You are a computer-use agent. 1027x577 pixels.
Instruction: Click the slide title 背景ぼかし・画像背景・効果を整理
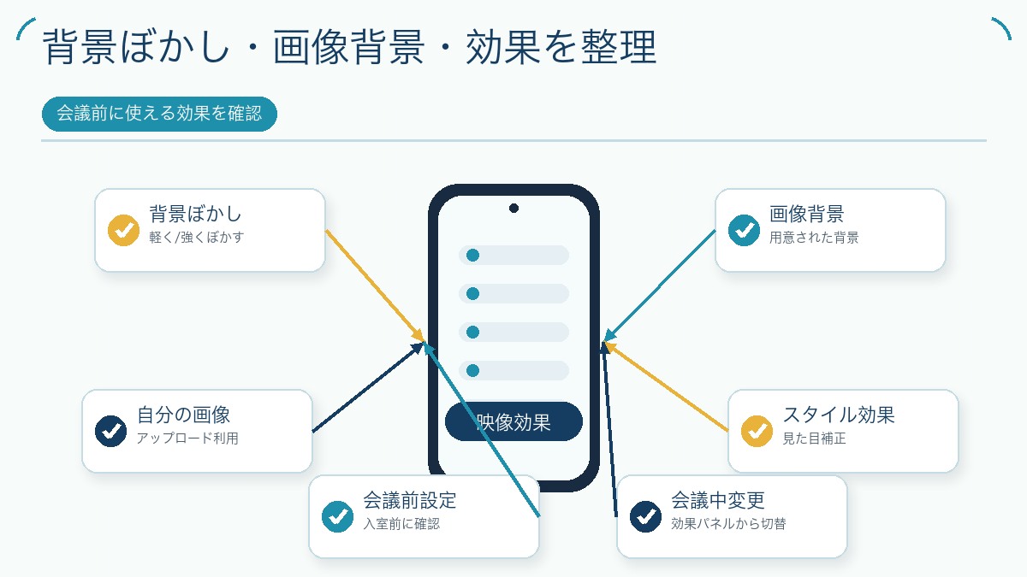click(349, 47)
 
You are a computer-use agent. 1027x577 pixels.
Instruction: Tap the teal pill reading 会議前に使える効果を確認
click(159, 114)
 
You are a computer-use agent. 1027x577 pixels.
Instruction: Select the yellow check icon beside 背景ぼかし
click(123, 230)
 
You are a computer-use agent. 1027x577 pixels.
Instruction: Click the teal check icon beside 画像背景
click(744, 230)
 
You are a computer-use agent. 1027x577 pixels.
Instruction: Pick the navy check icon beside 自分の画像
click(110, 431)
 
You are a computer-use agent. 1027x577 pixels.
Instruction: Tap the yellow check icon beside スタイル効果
click(757, 431)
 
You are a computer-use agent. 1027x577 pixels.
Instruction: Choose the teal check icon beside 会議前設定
click(337, 516)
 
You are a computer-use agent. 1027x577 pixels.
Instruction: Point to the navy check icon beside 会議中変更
click(645, 516)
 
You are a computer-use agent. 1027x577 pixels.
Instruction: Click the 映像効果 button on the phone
click(513, 421)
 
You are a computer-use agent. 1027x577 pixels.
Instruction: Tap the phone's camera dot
click(513, 209)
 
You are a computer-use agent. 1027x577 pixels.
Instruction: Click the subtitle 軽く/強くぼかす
click(196, 238)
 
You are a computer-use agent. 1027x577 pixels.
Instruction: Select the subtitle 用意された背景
click(814, 238)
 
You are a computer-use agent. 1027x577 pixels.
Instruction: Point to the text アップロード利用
click(187, 439)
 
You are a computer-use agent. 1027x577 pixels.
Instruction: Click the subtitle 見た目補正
click(814, 439)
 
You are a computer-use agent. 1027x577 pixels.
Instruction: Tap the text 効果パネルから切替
click(728, 523)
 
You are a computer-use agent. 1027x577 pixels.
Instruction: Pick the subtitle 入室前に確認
click(401, 523)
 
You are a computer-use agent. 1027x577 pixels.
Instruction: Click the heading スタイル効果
click(839, 415)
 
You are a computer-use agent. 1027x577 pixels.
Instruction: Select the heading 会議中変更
click(718, 501)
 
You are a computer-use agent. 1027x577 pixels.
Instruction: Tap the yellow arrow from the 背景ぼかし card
click(375, 286)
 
